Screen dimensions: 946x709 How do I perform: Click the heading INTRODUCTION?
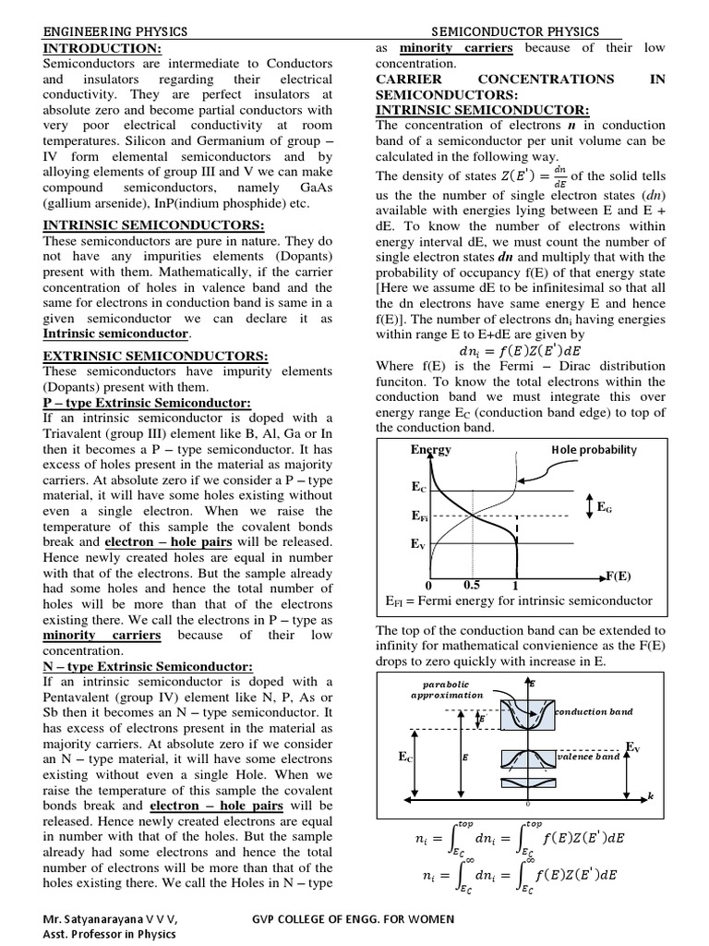[x=102, y=47]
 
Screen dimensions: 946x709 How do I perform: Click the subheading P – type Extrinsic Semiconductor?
[x=147, y=404]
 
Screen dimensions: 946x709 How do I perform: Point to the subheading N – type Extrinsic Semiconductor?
[x=148, y=666]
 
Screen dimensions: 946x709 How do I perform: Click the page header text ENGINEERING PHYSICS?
[x=115, y=30]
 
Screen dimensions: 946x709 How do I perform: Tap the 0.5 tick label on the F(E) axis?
[x=471, y=585]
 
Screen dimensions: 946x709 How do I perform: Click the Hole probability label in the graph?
[x=594, y=449]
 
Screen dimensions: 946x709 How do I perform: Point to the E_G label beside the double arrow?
[x=605, y=507]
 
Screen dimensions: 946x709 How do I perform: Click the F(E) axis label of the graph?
[x=617, y=575]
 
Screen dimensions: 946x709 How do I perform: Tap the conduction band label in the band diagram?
[x=595, y=711]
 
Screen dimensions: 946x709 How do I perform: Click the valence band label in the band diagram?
[x=589, y=756]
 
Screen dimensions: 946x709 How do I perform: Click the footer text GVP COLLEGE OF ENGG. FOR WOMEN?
[x=353, y=919]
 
